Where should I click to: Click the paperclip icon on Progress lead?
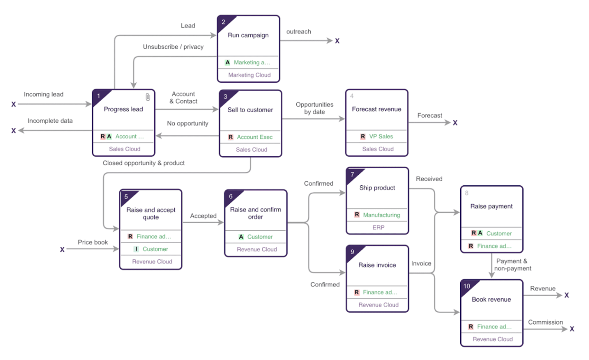point(148,97)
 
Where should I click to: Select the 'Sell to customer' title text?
point(250,110)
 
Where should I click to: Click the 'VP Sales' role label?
point(381,137)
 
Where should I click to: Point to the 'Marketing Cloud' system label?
point(249,75)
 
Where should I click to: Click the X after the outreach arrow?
point(337,41)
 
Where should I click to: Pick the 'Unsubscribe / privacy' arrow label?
point(173,47)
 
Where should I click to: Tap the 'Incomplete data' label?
point(50,121)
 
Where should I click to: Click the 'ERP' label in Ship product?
point(378,227)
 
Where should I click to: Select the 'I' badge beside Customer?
point(136,249)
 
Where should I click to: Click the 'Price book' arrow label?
point(93,242)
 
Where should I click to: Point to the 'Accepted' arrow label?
point(203,216)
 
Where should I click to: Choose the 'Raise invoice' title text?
point(377,265)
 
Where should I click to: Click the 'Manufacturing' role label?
point(381,215)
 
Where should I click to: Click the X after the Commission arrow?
point(572,329)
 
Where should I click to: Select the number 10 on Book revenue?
point(467,286)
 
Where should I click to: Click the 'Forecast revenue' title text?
point(376,109)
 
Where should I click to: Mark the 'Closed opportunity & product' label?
point(144,163)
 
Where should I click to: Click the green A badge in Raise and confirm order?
point(241,237)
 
